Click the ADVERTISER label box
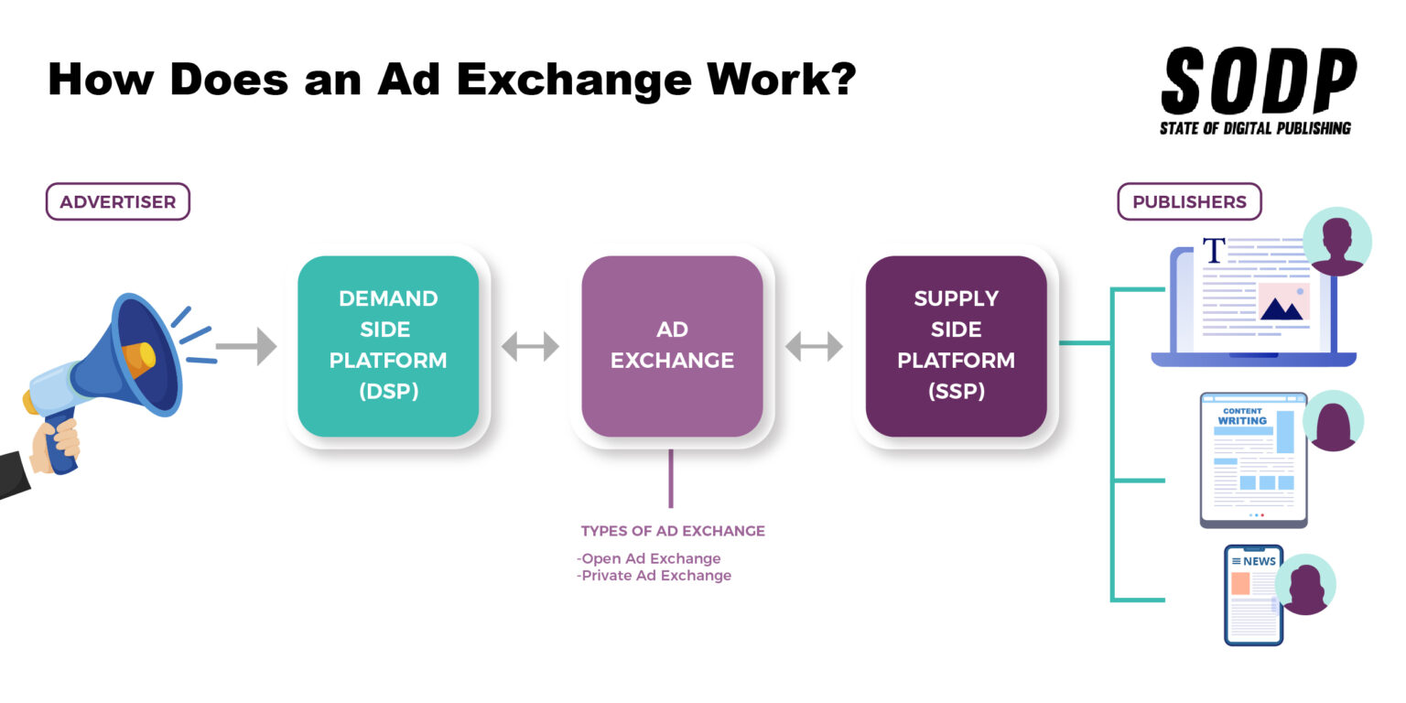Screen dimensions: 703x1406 point(117,202)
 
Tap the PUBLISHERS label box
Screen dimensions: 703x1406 point(1189,202)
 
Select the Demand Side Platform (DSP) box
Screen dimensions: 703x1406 point(388,346)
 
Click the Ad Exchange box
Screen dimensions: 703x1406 point(672,346)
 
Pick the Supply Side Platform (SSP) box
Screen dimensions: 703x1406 point(956,346)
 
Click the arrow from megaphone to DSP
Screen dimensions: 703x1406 point(246,346)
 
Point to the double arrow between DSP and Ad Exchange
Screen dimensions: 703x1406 point(530,346)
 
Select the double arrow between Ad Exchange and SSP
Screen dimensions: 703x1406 point(814,346)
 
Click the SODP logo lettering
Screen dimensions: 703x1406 point(1258,81)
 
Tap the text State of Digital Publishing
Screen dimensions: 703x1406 point(1255,128)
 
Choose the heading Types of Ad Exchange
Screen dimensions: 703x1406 point(673,531)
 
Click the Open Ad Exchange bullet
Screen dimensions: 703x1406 point(649,558)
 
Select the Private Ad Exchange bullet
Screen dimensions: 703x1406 point(654,576)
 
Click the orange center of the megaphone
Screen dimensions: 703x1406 point(137,360)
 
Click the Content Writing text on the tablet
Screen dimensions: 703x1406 point(1242,416)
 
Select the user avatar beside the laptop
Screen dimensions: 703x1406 point(1336,242)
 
